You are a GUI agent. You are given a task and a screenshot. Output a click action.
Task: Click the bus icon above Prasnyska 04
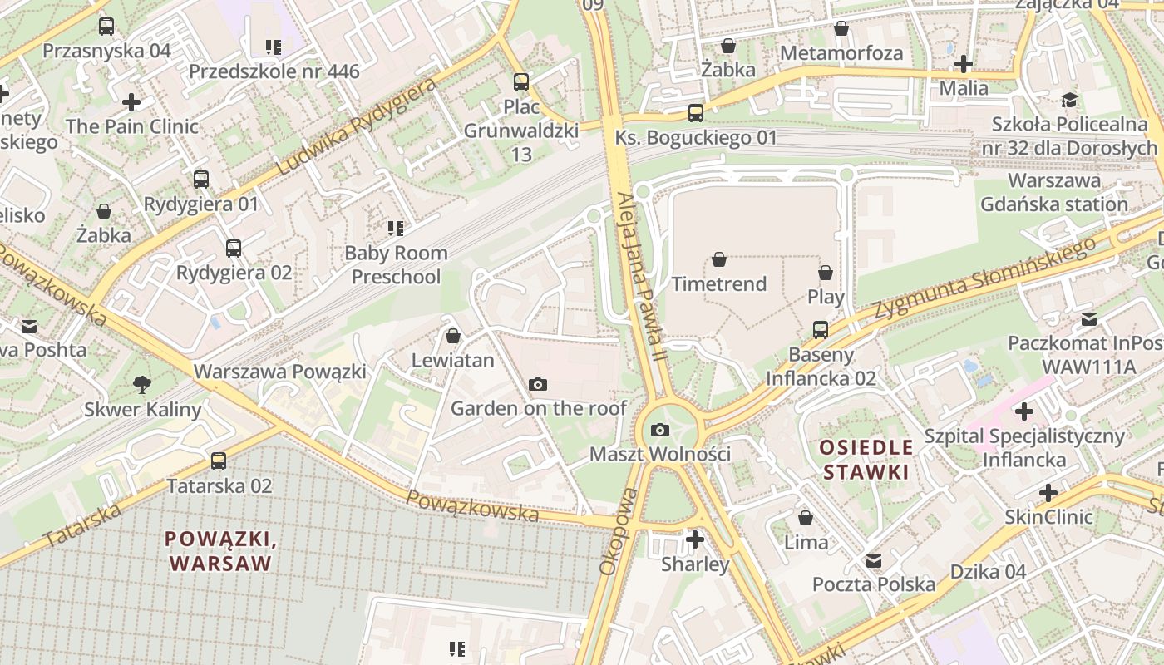tap(106, 27)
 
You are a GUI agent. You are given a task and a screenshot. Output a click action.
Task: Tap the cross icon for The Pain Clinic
tap(131, 102)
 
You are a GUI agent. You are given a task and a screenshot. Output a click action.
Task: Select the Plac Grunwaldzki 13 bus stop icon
tap(521, 82)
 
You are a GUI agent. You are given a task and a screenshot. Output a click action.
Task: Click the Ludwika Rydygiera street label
tap(357, 126)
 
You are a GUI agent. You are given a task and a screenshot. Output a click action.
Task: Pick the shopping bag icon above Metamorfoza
tap(841, 29)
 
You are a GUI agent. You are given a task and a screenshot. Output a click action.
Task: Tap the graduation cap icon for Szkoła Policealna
tap(1068, 101)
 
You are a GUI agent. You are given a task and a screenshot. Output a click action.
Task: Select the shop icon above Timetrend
tap(719, 260)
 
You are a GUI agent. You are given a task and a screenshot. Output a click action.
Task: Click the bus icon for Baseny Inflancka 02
tap(821, 330)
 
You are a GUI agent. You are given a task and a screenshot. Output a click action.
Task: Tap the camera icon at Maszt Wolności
tap(660, 430)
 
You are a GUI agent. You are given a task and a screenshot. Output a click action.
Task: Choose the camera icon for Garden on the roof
tap(538, 384)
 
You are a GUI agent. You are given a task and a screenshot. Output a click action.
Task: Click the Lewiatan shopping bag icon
tap(453, 336)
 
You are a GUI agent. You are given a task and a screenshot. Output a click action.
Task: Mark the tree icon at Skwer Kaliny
tap(142, 385)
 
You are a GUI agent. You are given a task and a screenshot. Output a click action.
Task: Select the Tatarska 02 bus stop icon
tap(219, 461)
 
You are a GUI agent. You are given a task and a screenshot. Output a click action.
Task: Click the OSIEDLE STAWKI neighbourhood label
tap(866, 460)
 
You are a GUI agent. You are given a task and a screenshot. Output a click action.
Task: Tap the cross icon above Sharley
tap(695, 539)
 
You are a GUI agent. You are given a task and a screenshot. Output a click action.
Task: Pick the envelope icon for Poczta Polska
tap(874, 561)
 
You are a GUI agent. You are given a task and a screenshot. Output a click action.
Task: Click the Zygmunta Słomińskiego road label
tap(984, 277)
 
